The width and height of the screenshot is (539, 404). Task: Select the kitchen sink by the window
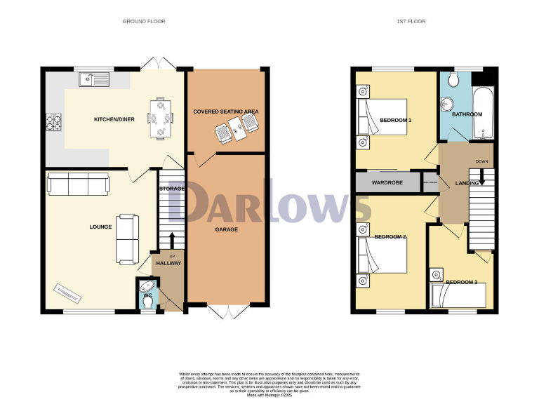[93, 78]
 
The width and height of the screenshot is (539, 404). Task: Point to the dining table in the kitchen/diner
[160, 117]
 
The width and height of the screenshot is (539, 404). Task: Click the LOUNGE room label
[100, 227]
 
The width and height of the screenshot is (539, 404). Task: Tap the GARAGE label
[226, 229]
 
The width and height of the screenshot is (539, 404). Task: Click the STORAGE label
[171, 189]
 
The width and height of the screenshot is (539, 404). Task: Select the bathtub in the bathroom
[484, 114]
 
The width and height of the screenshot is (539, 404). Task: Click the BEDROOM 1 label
[395, 121]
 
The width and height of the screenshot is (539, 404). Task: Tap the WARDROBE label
[386, 183]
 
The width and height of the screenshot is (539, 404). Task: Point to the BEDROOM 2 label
[390, 237]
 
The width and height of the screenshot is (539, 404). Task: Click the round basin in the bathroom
[448, 104]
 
